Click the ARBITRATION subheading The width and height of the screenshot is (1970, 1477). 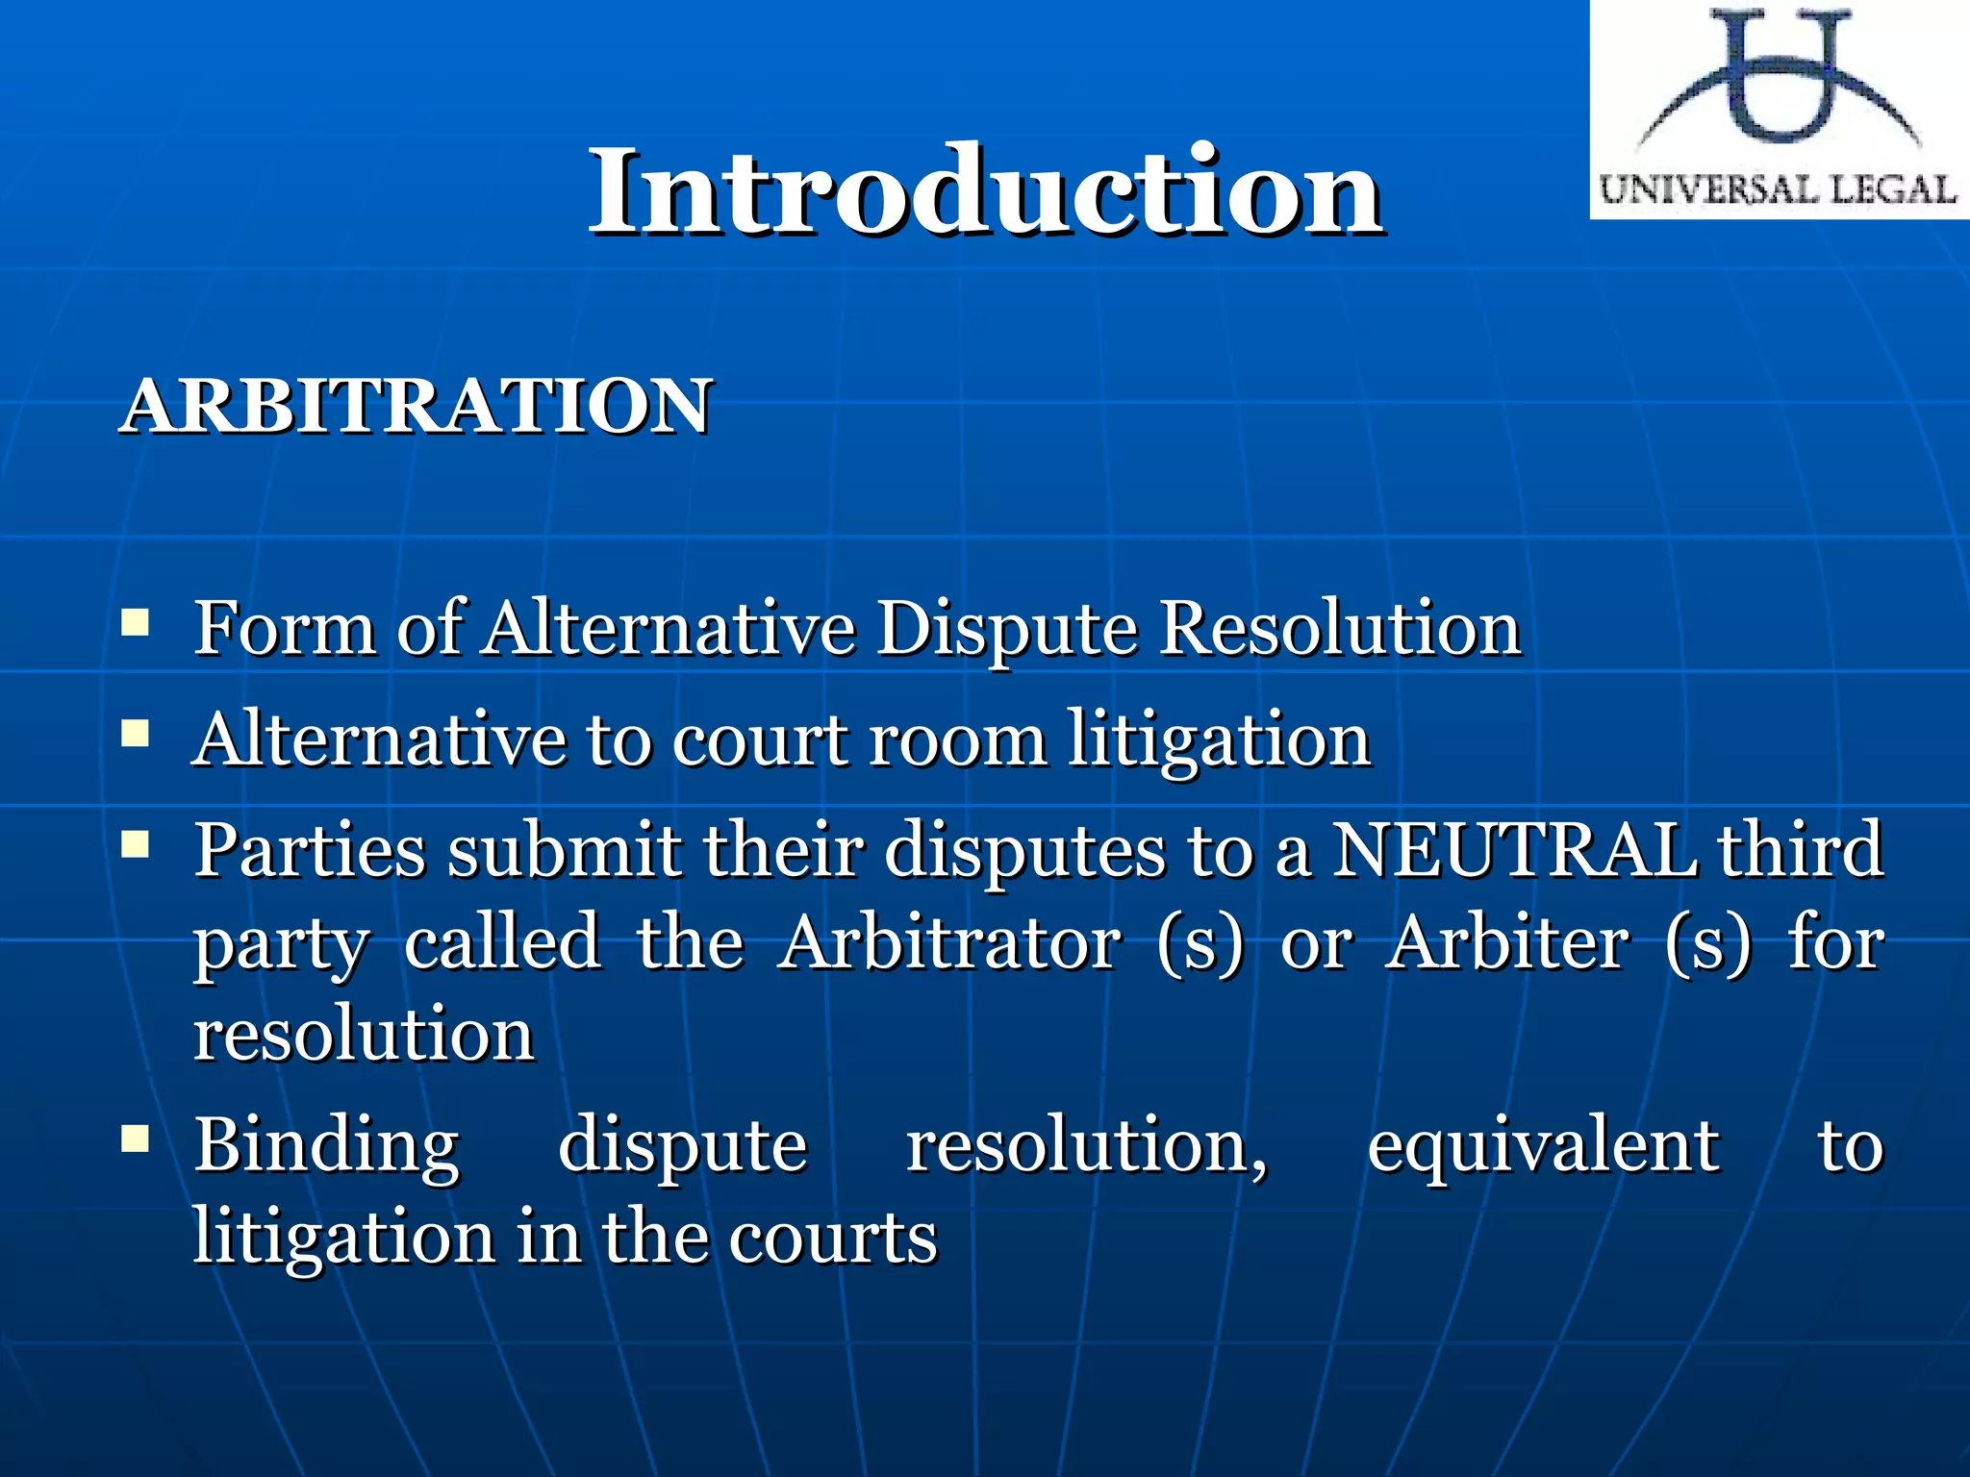coord(416,407)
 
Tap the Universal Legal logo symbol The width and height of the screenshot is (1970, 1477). coord(1780,82)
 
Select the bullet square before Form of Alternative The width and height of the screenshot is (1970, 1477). coord(136,623)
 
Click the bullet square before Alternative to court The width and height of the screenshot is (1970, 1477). coord(136,736)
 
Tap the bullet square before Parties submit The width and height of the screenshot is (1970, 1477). coord(136,845)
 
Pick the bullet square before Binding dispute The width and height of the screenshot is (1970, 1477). coord(136,1140)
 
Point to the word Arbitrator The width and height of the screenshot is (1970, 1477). coord(949,943)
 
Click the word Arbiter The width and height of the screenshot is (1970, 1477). coord(1507,943)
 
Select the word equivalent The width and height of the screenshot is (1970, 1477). coord(1543,1146)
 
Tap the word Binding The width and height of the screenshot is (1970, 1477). coord(327,1146)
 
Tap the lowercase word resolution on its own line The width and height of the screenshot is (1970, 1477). coord(364,1036)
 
